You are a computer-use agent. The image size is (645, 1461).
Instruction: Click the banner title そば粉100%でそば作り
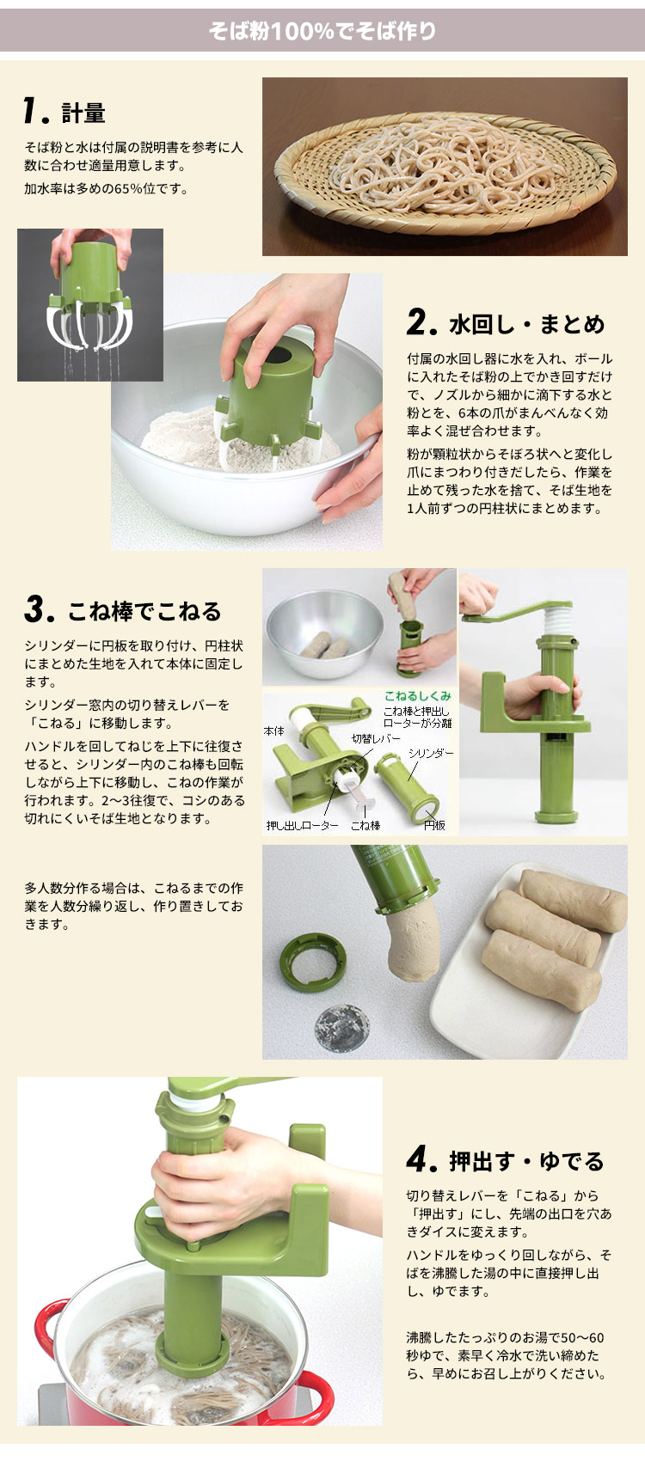(x=322, y=32)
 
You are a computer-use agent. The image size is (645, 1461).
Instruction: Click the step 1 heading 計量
(x=83, y=113)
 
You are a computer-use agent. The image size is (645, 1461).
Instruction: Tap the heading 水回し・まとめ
(x=526, y=325)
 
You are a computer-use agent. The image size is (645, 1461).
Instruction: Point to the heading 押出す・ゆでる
(x=526, y=1161)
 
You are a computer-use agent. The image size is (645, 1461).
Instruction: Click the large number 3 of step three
(x=37, y=610)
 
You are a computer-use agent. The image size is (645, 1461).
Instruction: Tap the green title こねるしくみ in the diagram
(x=417, y=696)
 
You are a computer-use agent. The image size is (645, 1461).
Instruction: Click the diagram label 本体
(x=273, y=730)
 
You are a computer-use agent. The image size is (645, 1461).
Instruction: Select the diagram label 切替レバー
(x=376, y=738)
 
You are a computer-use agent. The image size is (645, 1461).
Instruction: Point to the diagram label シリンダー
(x=431, y=754)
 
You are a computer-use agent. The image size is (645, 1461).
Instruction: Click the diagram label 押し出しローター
(x=302, y=826)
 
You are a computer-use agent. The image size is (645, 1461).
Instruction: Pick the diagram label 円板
(x=434, y=826)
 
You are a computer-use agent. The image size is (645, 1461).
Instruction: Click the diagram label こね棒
(x=365, y=826)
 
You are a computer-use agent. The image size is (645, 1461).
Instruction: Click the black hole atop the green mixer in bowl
(x=277, y=353)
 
